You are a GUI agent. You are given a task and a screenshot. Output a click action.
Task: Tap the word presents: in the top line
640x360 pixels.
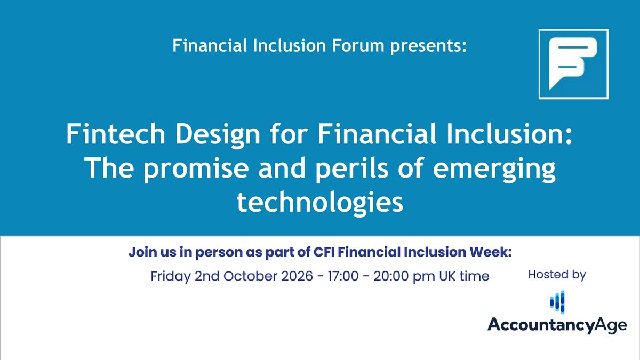[429, 47]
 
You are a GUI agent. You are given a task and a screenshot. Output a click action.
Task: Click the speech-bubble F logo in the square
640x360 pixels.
[573, 63]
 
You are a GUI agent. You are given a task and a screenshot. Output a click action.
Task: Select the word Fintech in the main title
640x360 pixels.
[116, 134]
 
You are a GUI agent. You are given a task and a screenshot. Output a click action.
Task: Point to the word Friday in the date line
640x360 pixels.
[171, 277]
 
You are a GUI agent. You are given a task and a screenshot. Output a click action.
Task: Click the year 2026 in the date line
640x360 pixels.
[297, 276]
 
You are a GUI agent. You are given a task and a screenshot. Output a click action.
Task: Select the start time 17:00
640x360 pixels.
[343, 276]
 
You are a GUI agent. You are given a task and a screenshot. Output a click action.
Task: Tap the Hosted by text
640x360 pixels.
[557, 275]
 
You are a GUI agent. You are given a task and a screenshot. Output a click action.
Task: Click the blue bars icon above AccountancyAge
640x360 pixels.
[557, 302]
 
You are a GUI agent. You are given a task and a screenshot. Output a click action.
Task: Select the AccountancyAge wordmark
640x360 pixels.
[557, 325]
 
